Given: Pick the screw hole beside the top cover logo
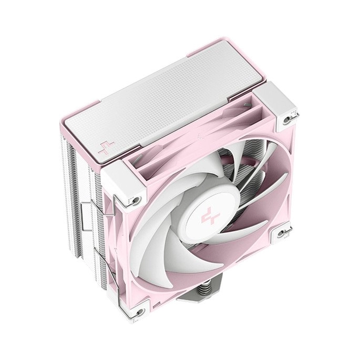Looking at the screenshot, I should pyautogui.click(x=136, y=200).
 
